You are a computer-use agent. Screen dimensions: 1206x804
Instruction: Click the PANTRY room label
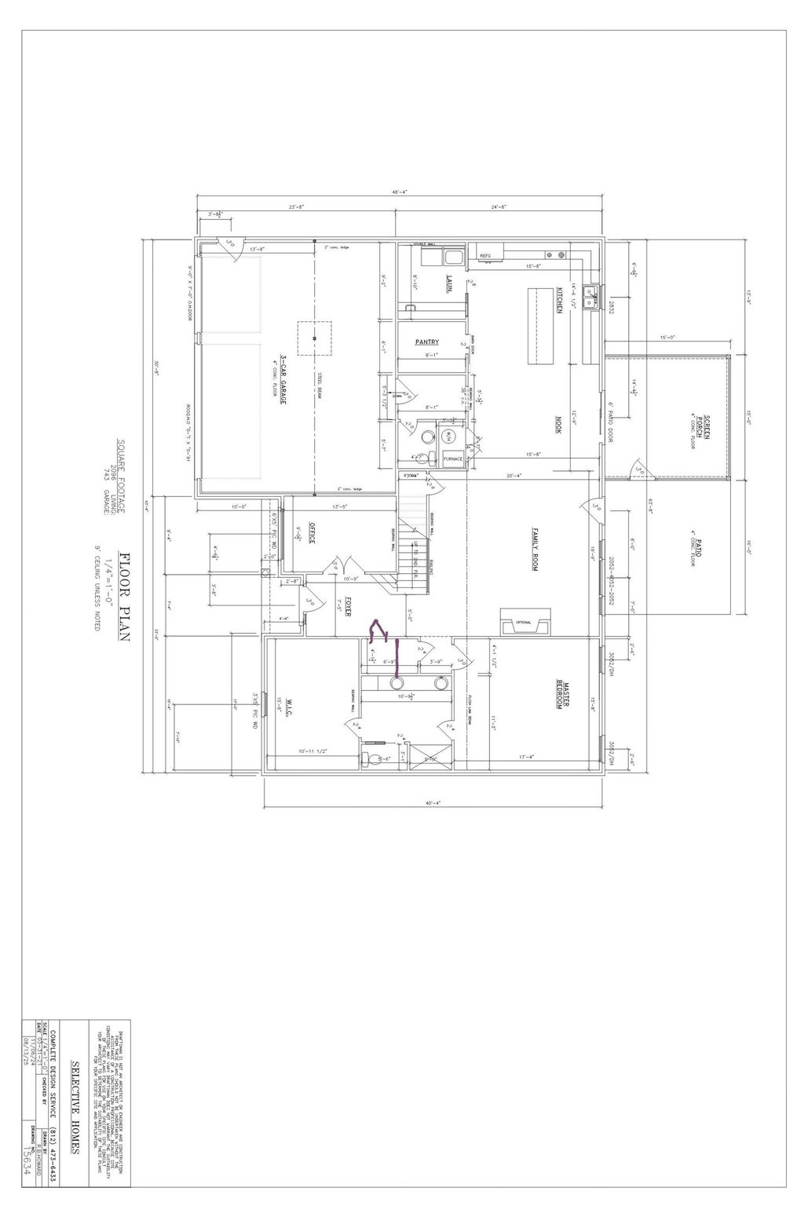427,342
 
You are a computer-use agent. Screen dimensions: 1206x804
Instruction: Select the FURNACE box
453,459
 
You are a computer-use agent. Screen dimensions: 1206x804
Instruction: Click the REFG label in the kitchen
485,255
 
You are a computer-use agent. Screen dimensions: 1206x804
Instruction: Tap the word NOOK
560,425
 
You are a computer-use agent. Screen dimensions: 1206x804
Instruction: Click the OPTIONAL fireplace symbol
524,623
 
